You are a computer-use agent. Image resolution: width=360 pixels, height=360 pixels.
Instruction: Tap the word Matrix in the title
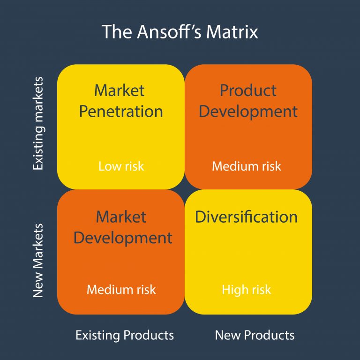point(233,32)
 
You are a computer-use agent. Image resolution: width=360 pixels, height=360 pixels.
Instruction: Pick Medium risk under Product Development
point(247,166)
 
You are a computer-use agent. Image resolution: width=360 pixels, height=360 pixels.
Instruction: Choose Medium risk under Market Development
point(121,290)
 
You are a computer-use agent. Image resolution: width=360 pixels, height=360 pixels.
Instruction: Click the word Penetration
point(121,112)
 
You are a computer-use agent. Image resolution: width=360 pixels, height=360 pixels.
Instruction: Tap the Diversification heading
point(247,217)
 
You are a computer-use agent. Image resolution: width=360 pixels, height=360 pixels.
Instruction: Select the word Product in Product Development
point(248,90)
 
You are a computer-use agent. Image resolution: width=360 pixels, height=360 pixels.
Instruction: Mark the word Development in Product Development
point(248,112)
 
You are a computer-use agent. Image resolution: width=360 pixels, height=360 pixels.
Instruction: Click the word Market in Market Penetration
point(120,90)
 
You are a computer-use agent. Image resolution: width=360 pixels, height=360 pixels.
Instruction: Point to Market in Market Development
point(121,217)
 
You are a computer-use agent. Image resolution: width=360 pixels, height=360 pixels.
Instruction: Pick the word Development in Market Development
point(123,238)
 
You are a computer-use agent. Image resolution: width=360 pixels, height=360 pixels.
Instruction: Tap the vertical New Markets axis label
point(38,261)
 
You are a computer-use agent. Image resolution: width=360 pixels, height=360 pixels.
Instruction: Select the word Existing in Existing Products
point(98,336)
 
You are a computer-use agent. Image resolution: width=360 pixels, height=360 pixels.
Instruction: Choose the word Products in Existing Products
point(149,336)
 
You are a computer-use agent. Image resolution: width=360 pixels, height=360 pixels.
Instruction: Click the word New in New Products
point(226,336)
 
